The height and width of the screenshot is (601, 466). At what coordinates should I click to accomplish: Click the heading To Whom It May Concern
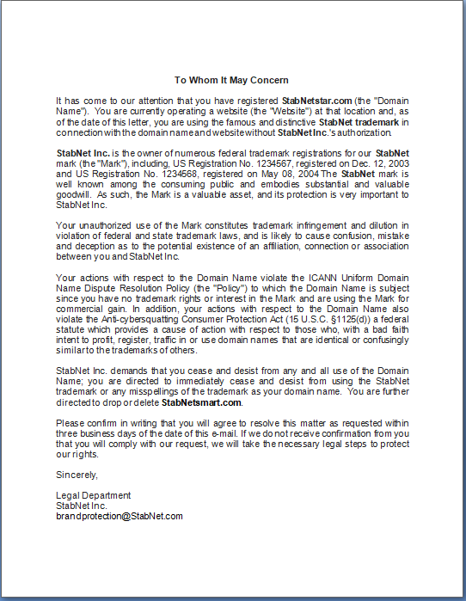(231, 80)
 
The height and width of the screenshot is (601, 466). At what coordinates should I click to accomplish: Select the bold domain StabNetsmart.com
(202, 402)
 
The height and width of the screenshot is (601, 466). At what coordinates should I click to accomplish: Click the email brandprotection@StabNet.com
(120, 516)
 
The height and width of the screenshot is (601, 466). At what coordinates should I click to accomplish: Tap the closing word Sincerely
(77, 475)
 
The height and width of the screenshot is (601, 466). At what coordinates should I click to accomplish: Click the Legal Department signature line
(93, 495)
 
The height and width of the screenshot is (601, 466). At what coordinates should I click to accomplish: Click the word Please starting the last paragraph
(71, 423)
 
